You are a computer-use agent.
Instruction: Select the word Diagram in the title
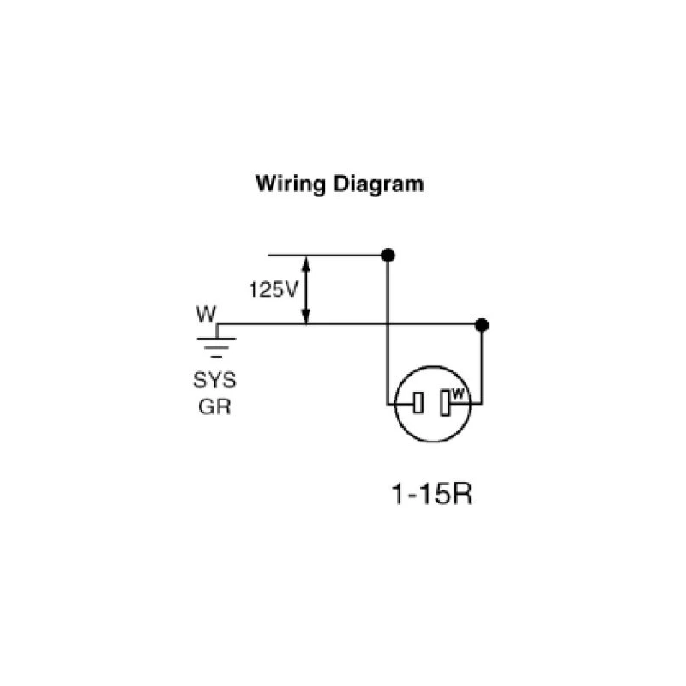click(377, 184)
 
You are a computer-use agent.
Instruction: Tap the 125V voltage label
click(272, 289)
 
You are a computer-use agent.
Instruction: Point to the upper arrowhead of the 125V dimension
click(306, 262)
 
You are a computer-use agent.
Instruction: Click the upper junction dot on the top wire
click(388, 255)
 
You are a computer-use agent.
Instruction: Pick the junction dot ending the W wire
click(482, 325)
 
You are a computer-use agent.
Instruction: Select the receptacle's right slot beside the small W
click(444, 403)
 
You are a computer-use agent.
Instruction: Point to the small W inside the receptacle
click(457, 395)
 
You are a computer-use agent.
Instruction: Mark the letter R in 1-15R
click(460, 496)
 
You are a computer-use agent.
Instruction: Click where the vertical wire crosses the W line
click(388, 325)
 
